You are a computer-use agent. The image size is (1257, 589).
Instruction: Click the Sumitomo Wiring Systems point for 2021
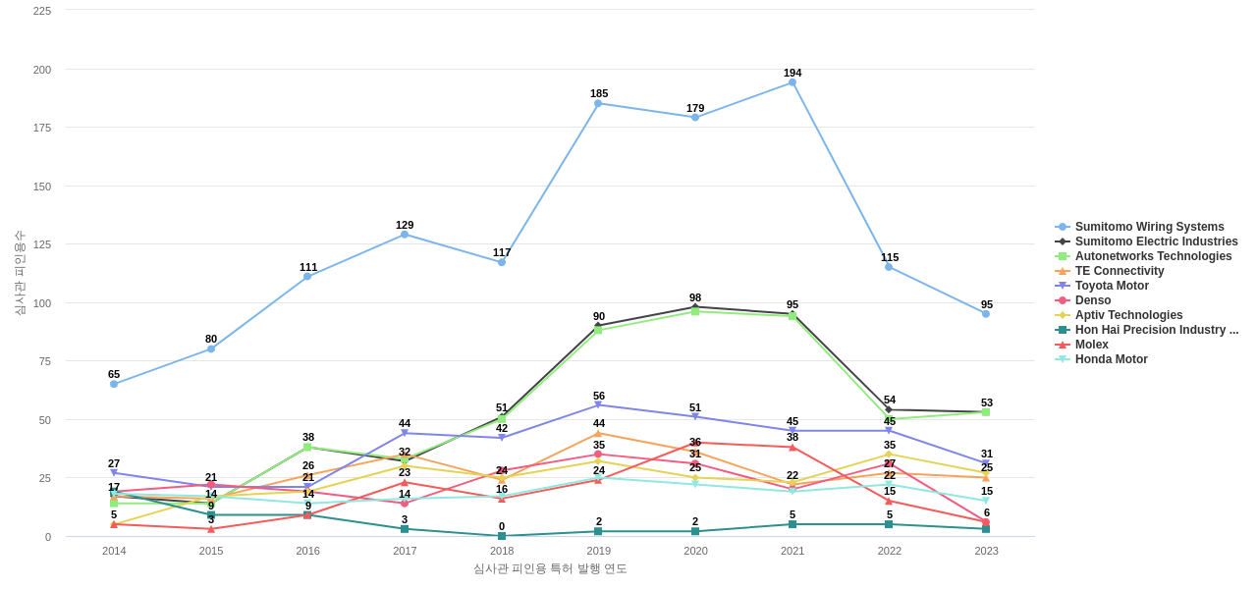(x=792, y=82)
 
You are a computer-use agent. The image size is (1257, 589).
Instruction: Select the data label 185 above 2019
(x=599, y=93)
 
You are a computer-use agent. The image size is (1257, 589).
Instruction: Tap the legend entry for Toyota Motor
(x=1112, y=286)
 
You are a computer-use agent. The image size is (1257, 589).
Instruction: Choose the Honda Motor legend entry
(x=1111, y=359)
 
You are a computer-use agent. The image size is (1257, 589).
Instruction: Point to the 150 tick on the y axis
(x=41, y=187)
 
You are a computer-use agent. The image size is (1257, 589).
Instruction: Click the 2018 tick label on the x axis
(x=502, y=551)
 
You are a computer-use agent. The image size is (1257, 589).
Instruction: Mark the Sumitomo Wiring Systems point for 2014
(x=114, y=384)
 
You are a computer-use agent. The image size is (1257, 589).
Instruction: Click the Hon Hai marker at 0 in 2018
(x=502, y=536)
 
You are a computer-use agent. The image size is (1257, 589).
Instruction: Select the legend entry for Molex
(x=1091, y=345)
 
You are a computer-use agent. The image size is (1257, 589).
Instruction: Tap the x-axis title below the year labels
(x=550, y=568)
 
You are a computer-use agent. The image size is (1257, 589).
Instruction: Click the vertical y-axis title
(x=20, y=273)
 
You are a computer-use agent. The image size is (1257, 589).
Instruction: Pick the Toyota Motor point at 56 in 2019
(x=598, y=404)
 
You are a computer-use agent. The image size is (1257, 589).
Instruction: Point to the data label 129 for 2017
(x=405, y=225)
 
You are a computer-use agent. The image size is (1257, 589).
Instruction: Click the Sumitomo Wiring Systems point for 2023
(x=986, y=314)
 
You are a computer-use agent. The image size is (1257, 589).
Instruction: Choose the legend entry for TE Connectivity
(x=1119, y=271)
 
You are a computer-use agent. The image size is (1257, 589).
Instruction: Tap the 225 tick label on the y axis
(x=41, y=11)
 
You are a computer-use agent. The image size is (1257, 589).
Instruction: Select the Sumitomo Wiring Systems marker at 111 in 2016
(x=307, y=277)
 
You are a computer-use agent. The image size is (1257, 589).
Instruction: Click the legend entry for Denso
(x=1093, y=300)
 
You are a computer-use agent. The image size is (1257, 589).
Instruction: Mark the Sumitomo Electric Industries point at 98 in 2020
(x=695, y=306)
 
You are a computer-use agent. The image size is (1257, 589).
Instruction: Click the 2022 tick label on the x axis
(x=890, y=551)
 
